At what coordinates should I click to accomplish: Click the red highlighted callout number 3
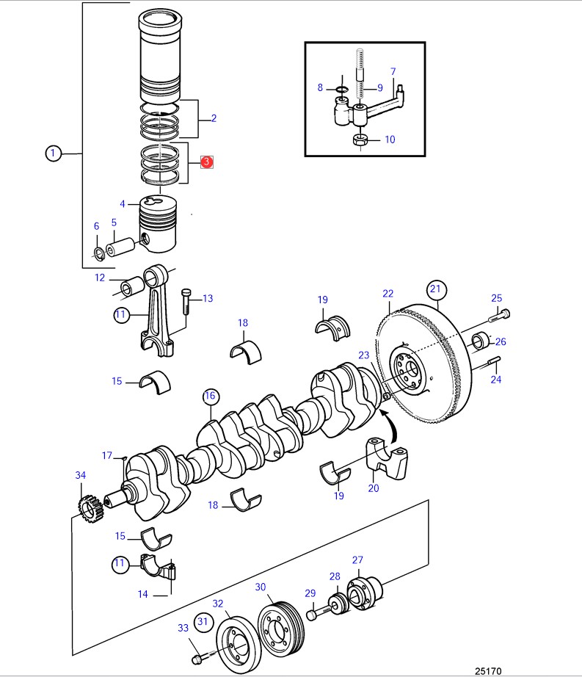[207, 162]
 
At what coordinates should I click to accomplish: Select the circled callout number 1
[53, 153]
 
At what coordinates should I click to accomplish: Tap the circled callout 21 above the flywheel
[436, 288]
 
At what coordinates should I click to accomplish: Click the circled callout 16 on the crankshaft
[211, 397]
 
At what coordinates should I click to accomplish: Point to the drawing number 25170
[488, 670]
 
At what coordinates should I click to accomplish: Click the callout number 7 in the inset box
[393, 71]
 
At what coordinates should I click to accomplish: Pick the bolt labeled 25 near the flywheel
[500, 316]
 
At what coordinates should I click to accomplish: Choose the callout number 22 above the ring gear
[388, 294]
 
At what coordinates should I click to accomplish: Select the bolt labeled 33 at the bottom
[198, 659]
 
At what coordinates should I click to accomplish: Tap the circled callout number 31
[203, 623]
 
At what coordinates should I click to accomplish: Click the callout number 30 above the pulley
[261, 587]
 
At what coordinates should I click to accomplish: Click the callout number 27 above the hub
[357, 560]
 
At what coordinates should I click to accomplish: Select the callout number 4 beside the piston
[123, 204]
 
